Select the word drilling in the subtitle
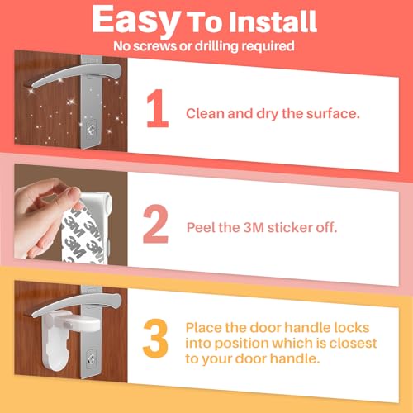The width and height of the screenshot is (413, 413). [216, 46]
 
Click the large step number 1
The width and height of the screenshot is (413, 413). [158, 108]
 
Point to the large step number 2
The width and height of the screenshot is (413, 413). [155, 224]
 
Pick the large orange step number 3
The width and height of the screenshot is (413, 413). [155, 338]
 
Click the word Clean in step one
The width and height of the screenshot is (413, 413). [206, 113]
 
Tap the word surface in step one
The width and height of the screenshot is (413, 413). [333, 113]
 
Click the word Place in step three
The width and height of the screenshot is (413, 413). [203, 328]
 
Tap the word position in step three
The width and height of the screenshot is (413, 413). [241, 344]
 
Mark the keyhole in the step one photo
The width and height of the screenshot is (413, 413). [92, 129]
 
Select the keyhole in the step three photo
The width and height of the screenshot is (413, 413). [92, 358]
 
